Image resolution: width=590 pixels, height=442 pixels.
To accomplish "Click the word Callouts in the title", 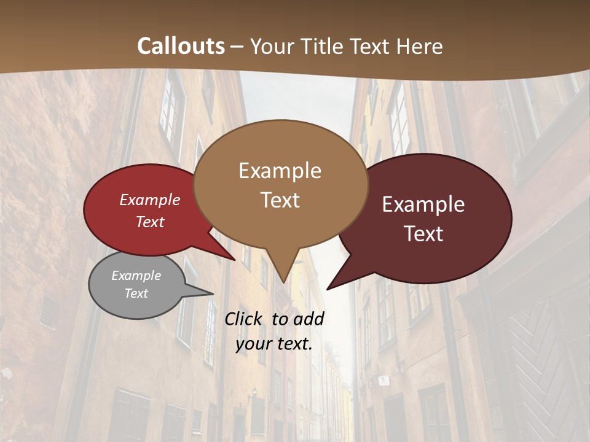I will coord(181,46).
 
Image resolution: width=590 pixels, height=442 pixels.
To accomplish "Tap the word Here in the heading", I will coord(420,46).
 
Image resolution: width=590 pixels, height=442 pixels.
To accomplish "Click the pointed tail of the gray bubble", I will coord(212,293).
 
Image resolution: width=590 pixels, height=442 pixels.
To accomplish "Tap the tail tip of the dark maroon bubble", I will coord(328,289).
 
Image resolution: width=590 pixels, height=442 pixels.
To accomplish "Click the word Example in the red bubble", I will coord(150,200).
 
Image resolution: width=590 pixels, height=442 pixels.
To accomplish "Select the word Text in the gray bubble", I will coord(136,293).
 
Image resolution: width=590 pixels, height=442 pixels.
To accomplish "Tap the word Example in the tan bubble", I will coord(280,171).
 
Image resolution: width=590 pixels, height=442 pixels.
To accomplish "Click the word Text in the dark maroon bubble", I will coord(424,234).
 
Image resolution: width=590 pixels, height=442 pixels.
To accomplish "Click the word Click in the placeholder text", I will coord(244,319).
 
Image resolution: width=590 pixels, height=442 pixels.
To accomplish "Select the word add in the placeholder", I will coord(309,319).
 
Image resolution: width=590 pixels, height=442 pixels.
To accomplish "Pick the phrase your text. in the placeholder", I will coord(274,344).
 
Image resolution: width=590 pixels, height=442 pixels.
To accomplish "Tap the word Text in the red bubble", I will coord(150,222).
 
